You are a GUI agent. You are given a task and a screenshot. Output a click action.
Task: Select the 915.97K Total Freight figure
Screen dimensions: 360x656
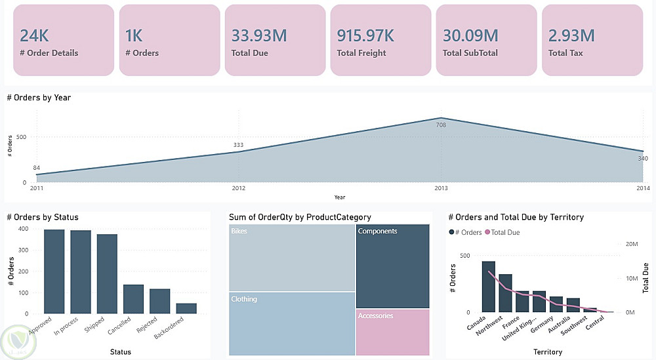click(366, 35)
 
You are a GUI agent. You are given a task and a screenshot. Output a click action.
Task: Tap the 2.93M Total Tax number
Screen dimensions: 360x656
click(571, 35)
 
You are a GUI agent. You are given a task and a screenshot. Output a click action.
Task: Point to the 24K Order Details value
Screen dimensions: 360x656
click(34, 35)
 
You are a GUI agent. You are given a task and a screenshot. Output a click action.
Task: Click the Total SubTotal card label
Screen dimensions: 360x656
click(470, 53)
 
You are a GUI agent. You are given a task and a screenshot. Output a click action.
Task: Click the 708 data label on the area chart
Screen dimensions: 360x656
click(441, 125)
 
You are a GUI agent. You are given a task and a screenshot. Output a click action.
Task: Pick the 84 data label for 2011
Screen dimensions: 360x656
click(37, 168)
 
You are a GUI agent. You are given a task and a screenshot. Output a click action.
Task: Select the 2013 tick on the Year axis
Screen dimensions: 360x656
click(441, 188)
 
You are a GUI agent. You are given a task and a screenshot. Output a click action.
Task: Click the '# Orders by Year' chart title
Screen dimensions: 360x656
click(39, 98)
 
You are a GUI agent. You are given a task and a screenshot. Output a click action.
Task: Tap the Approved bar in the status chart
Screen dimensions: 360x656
click(54, 271)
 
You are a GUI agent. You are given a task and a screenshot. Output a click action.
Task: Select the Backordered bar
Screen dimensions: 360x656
click(186, 308)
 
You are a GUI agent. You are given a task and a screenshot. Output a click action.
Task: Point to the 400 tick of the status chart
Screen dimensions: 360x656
click(24, 229)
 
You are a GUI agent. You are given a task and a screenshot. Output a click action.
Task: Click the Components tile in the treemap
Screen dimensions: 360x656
click(392, 266)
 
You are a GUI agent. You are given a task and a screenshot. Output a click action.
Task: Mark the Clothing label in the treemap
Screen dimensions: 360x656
click(244, 300)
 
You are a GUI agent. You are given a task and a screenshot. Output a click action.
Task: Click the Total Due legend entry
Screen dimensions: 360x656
click(503, 232)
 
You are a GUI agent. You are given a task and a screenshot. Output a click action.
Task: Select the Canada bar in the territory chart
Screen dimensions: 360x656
click(489, 287)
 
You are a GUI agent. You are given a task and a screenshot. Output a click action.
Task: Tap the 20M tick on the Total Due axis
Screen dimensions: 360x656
click(632, 243)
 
